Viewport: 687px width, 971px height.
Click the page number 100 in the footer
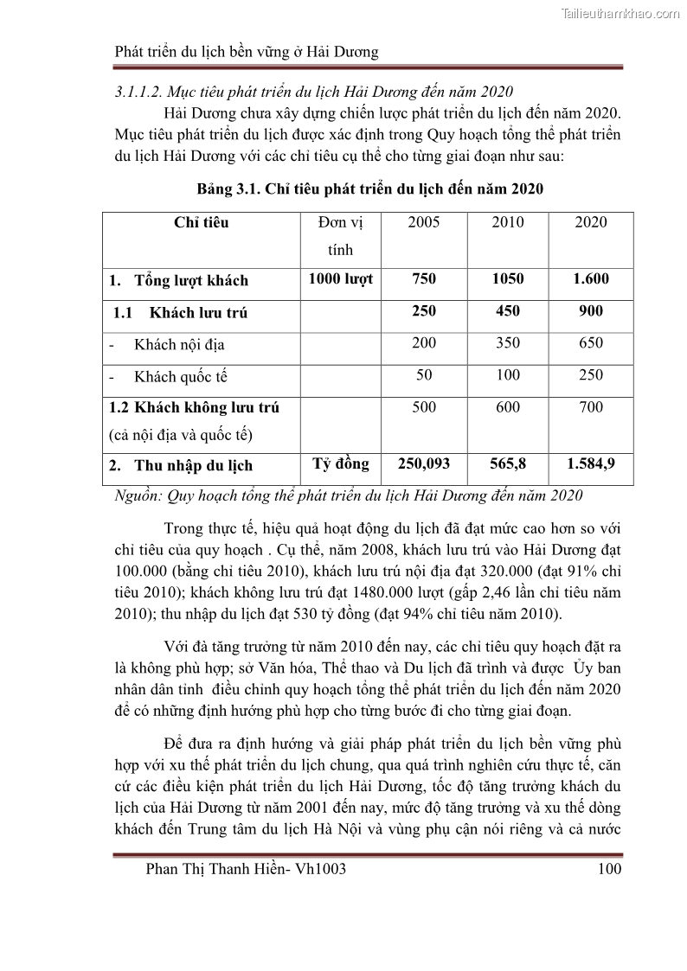click(609, 869)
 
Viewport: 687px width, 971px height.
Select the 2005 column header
click(424, 222)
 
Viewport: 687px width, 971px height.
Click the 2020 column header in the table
click(591, 222)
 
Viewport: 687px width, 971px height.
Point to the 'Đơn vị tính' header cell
click(341, 236)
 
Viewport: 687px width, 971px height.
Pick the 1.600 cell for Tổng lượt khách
click(591, 278)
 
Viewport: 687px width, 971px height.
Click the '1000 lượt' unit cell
click(341, 278)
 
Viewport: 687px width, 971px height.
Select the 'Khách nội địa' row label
click(179, 344)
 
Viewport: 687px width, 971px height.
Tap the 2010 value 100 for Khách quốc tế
click(508, 374)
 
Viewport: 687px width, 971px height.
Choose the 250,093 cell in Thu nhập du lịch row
click(424, 463)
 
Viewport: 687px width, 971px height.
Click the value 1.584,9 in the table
click(591, 463)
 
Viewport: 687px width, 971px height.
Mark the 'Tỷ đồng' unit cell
click(341, 463)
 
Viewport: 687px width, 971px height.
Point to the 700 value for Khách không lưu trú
click(591, 406)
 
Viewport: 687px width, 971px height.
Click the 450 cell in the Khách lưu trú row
click(508, 310)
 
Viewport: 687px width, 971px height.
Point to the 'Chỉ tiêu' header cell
click(202, 222)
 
